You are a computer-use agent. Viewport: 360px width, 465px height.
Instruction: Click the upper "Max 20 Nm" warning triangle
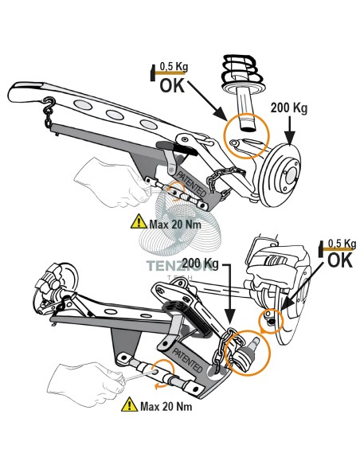pos(139,222)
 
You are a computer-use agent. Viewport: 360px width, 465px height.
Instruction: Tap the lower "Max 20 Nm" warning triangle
pos(130,404)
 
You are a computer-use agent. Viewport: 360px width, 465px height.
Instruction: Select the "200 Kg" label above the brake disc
pos(289,107)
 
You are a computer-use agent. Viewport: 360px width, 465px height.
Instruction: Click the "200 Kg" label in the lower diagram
pos(200,264)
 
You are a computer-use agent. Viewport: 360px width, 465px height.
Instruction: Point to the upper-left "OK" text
pos(172,85)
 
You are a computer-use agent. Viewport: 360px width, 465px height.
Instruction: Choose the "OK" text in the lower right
pos(340,260)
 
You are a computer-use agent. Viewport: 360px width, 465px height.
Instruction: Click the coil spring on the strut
pos(243,71)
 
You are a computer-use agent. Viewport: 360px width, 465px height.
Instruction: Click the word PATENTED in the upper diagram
pos(191,184)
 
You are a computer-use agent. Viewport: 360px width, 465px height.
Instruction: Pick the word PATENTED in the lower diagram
pos(187,361)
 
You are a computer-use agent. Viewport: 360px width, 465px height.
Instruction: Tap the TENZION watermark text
pos(180,265)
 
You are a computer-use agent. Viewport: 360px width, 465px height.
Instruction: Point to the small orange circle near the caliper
pos(272,320)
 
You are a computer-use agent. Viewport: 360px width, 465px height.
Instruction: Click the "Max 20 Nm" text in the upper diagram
pos(175,225)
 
